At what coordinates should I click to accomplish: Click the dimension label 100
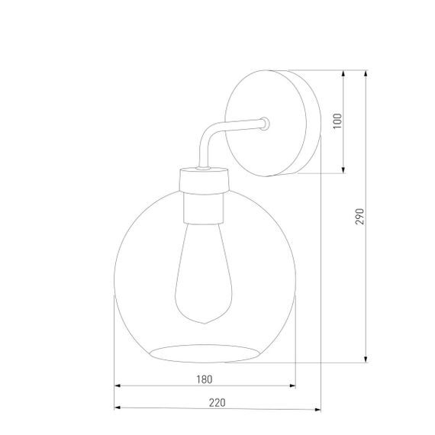pos(337,121)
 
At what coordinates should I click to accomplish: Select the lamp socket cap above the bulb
pos(204,180)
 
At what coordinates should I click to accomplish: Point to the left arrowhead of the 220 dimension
pos(118,408)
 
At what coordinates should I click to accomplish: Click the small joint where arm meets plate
pos(264,122)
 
